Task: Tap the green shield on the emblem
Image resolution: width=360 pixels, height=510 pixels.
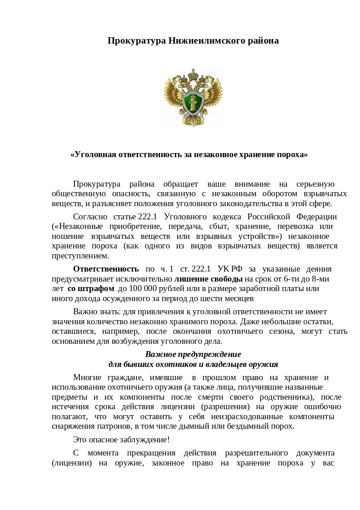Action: [192, 100]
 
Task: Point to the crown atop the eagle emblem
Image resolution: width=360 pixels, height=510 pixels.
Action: [193, 72]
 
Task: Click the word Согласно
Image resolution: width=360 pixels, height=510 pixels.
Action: [90, 216]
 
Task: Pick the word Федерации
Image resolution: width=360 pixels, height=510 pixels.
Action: [317, 216]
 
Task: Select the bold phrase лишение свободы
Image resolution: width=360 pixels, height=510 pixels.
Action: [209, 279]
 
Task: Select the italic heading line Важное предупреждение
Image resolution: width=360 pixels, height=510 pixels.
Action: [193, 354]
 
